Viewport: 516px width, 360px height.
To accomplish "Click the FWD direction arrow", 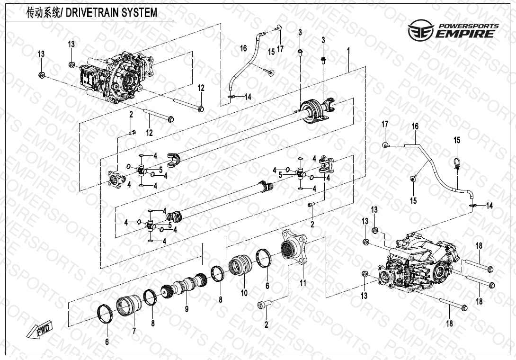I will click(40, 330).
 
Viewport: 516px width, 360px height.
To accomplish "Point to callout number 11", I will click(303, 283).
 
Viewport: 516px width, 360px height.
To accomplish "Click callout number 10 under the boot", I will click(244, 293).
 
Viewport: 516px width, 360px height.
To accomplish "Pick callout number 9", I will click(187, 309).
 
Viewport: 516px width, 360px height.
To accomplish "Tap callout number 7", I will click(134, 330).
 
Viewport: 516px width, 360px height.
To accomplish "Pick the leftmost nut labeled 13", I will click(42, 75).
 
